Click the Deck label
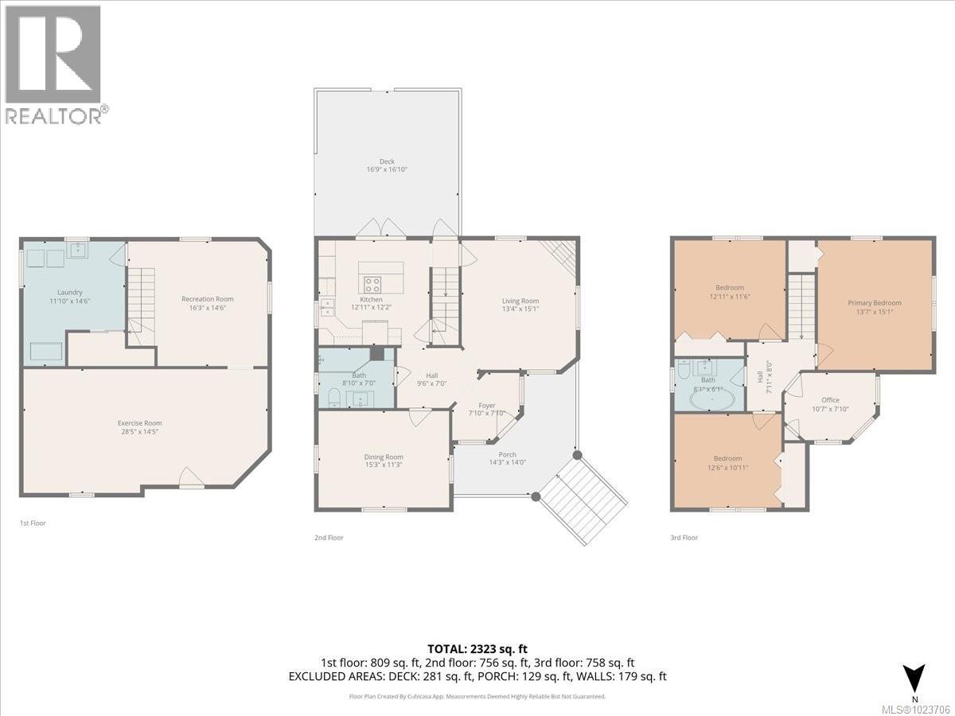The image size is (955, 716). [386, 161]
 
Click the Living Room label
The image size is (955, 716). [520, 301]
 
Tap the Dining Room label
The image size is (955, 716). [384, 457]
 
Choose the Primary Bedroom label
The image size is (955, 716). [875, 302]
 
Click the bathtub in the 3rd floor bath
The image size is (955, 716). [708, 399]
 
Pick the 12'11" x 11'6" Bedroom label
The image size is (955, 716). [729, 287]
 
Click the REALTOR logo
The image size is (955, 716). [54, 64]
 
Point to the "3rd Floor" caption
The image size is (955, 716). [684, 538]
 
